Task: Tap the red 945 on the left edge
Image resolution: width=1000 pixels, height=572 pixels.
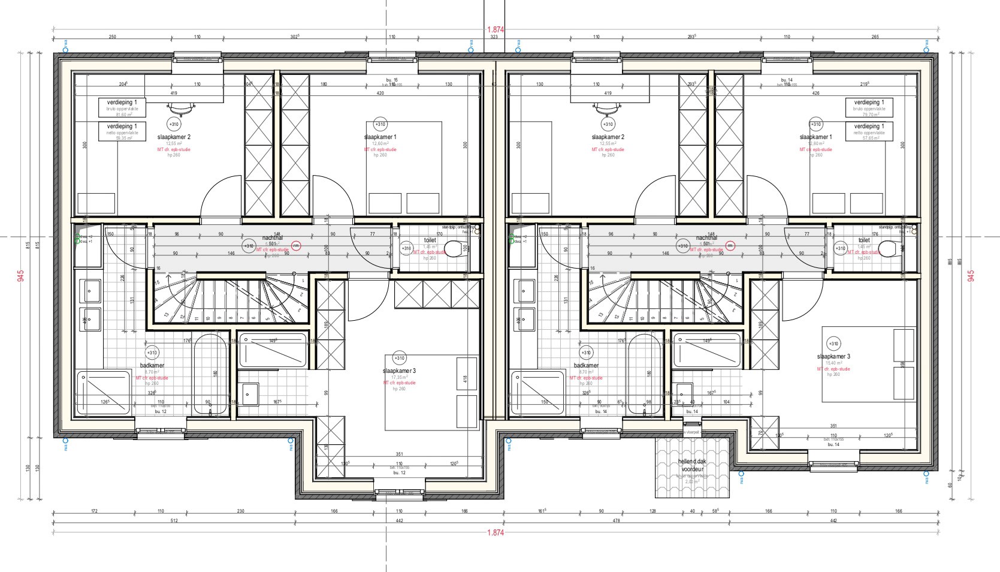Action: point(21,276)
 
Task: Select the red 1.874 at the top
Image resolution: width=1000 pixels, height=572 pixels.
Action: point(496,29)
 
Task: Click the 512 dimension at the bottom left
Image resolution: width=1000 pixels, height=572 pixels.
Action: point(174,521)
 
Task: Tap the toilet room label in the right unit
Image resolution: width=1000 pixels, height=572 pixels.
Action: point(863,240)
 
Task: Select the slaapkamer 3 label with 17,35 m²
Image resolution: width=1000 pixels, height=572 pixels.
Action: point(399,371)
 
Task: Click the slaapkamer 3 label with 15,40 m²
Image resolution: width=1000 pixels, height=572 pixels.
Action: point(833,357)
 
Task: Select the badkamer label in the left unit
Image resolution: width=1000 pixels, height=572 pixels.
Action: point(152,365)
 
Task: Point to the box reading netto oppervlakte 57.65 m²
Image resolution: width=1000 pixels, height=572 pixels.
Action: point(869,131)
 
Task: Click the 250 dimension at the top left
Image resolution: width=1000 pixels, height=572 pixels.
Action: point(112,37)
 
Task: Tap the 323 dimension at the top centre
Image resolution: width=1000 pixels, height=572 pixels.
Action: point(494,37)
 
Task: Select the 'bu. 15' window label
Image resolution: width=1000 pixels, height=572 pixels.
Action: point(392,80)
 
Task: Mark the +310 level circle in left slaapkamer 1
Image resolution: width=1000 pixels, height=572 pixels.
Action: point(380,125)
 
